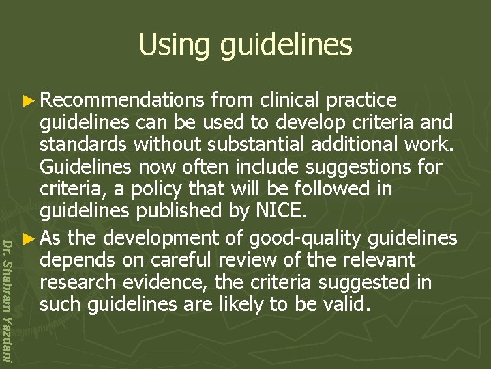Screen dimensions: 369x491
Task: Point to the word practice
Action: click(x=361, y=100)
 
